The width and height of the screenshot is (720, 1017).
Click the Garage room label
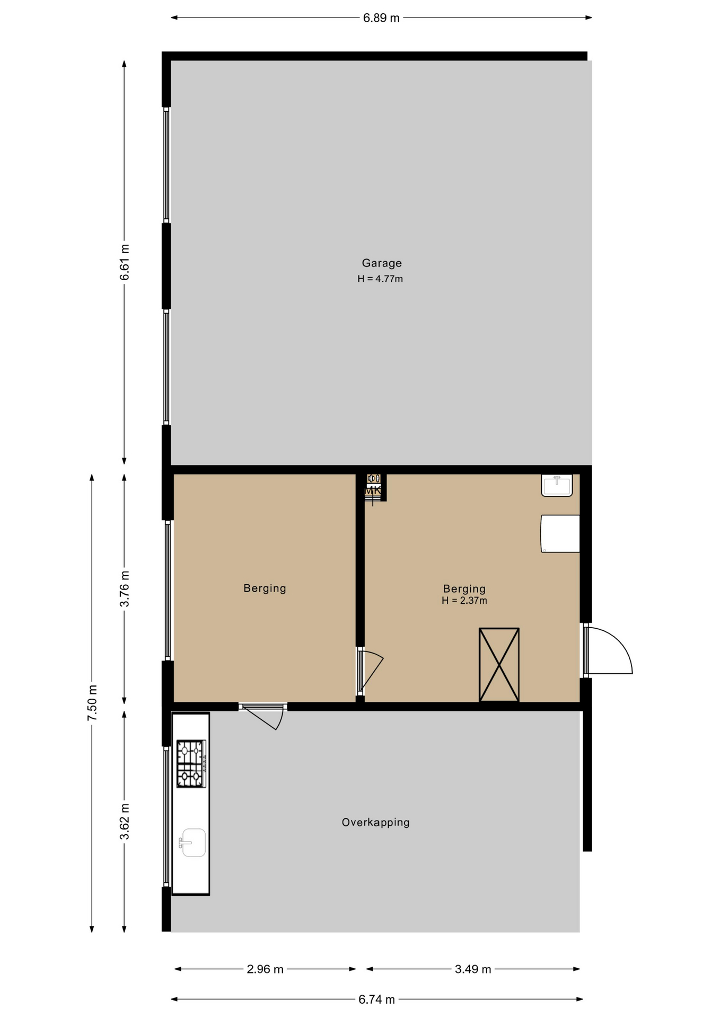[382, 263]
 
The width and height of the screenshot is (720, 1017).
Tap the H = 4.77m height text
[380, 279]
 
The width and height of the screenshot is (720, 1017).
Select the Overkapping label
[375, 823]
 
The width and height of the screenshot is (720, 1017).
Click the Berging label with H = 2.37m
[464, 589]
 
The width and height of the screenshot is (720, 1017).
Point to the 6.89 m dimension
[381, 18]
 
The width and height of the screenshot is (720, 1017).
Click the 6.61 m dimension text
[125, 262]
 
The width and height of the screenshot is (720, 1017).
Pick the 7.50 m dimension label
[92, 703]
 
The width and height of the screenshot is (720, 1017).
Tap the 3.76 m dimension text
[125, 589]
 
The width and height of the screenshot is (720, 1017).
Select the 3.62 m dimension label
[125, 822]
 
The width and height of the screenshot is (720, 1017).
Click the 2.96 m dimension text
[265, 969]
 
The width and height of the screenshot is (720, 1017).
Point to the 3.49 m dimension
[473, 969]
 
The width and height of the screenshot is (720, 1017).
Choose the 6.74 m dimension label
[376, 1000]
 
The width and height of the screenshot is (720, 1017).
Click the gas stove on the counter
[191, 764]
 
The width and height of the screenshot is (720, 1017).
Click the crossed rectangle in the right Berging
[499, 665]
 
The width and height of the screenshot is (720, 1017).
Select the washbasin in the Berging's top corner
[557, 485]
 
